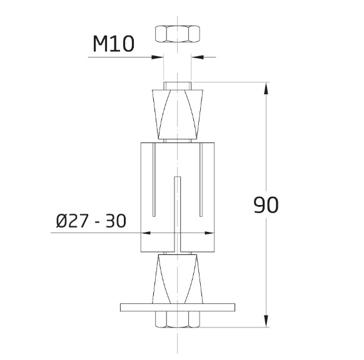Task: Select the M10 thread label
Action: pos(113,44)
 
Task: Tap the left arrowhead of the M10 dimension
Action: pos(158,57)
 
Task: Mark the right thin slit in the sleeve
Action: pos(201,181)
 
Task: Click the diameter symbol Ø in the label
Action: pos(63,221)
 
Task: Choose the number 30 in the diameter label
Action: pos(115,221)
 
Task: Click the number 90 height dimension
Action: pos(266,204)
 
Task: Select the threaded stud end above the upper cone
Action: pos(178,86)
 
